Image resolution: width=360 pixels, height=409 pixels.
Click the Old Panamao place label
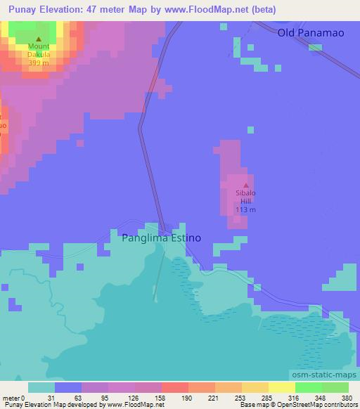pyautogui.click(x=310, y=32)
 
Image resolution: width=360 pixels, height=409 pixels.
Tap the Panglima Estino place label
pyautogui.click(x=161, y=238)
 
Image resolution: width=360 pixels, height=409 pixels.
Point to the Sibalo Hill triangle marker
pyautogui.click(x=245, y=185)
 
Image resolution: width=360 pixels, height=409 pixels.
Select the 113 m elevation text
pyautogui.click(x=245, y=209)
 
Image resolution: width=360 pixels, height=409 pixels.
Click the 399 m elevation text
pyautogui.click(x=38, y=63)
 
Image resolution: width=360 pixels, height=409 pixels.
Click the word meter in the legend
pyautogui.click(x=10, y=397)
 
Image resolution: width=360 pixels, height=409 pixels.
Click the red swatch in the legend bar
pyautogui.click(x=174, y=387)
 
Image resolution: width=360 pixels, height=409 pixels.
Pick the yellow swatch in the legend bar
pyautogui.click(x=281, y=387)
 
